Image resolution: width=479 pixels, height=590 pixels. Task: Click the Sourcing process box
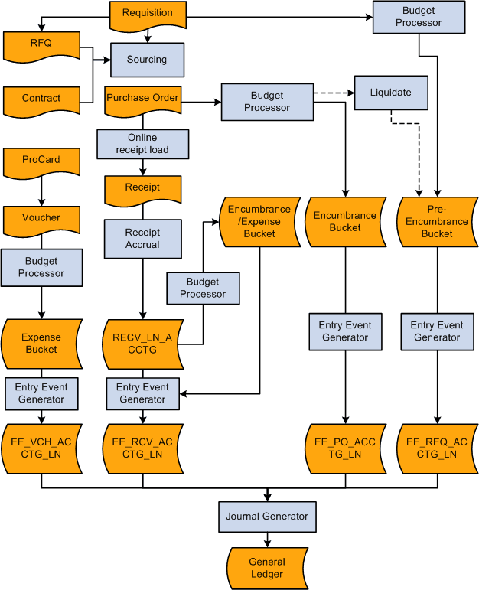[147, 60]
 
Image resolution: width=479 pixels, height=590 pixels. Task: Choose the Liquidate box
[390, 93]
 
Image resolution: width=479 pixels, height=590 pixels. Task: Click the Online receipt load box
[142, 144]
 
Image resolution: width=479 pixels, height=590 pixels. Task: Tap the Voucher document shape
[41, 219]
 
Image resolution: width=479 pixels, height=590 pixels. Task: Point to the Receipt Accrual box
[142, 239]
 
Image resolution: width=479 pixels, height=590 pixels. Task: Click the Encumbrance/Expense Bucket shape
[259, 221]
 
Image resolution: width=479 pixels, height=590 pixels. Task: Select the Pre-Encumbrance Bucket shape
[437, 221]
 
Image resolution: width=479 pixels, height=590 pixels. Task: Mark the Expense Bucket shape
[41, 343]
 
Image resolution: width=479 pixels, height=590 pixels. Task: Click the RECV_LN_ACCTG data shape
[142, 343]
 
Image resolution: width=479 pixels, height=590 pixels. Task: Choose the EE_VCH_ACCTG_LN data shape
[41, 448]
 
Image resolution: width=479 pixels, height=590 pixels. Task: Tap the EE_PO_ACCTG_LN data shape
[345, 448]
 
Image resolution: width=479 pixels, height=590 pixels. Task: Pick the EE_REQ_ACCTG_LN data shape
[437, 448]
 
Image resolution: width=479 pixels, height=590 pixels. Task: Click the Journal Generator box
[266, 517]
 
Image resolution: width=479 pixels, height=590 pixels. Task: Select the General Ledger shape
[266, 568]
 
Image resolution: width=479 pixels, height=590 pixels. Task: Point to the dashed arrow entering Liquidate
[334, 93]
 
